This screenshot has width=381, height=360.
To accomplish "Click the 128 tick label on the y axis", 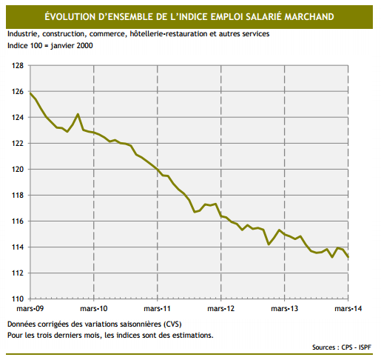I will [17, 66].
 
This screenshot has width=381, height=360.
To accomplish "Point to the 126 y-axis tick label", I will [17, 92].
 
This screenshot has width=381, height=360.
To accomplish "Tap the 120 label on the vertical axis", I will [17, 170].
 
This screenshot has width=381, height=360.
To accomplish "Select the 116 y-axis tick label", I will [17, 221].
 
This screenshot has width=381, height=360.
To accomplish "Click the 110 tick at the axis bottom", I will [17, 299].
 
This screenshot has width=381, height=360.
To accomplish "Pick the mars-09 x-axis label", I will [30, 308].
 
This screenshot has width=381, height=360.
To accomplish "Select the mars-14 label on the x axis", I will [347, 308].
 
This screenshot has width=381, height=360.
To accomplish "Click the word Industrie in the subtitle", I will [23, 34].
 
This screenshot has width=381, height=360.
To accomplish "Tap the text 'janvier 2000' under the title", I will [70, 45].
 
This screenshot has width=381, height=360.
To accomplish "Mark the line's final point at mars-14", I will [349, 257].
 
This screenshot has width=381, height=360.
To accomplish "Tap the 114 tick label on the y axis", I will [17, 247].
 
